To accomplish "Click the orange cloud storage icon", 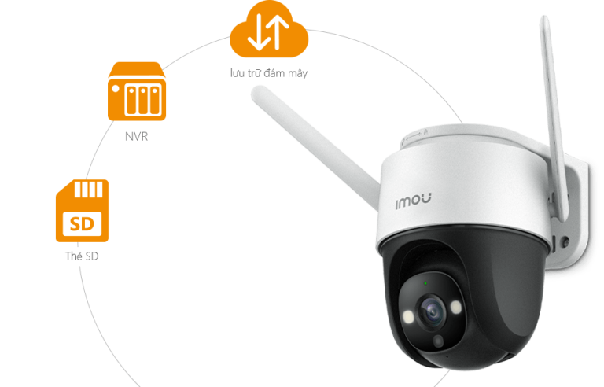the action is tap(269, 29).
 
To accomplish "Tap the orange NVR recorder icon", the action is tap(137, 91).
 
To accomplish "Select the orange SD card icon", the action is tap(82, 211).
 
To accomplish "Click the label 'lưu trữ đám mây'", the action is tap(269, 73).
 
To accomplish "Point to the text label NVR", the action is tap(136, 136).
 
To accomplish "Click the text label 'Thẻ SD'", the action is tap(82, 256).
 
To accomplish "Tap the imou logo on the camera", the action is tap(414, 201).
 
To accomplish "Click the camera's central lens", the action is tap(433, 311).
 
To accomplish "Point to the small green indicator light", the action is tap(425, 283).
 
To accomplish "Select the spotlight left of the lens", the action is tap(407, 317).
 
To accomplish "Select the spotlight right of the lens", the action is tap(455, 307).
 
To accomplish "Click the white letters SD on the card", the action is tap(82, 223).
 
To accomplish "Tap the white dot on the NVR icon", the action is tap(116, 89).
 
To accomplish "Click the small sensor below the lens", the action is tap(438, 341).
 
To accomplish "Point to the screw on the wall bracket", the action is tap(565, 242).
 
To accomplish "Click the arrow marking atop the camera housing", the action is tap(415, 135).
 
